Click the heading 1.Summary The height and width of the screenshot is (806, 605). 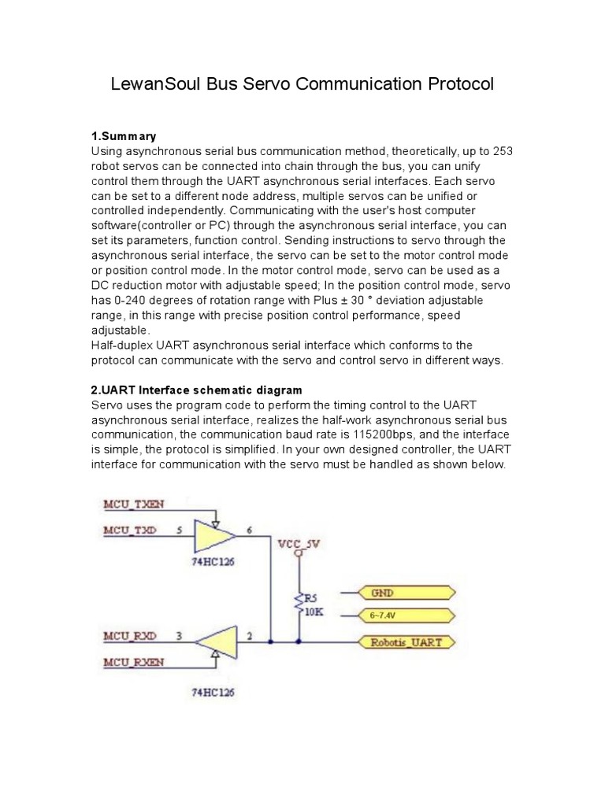pos(124,136)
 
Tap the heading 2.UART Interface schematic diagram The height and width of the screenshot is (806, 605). pos(197,390)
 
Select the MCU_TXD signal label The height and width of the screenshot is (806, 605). pos(130,530)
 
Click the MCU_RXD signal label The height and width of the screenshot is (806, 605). pos(130,634)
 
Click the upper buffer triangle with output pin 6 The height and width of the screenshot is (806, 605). pos(215,537)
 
